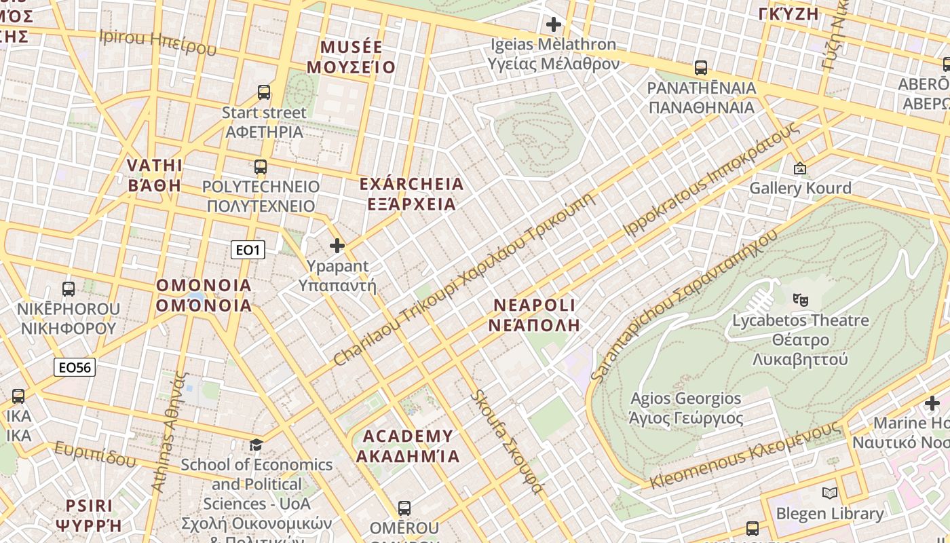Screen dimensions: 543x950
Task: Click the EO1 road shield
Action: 248,250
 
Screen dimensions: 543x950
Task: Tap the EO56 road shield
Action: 75,367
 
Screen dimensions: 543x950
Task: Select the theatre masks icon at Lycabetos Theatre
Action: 801,299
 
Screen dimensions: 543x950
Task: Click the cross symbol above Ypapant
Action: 337,245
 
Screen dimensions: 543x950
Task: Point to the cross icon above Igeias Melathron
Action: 554,25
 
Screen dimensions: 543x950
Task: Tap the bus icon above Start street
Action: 264,92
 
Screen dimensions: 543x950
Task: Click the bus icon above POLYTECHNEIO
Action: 261,167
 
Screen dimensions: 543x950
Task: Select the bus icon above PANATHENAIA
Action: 701,68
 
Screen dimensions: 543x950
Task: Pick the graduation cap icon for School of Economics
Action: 256,445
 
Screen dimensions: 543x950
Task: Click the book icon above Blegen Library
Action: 829,493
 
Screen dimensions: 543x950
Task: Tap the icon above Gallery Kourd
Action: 799,168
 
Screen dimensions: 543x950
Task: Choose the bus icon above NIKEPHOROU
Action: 69,289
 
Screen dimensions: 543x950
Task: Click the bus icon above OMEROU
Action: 404,508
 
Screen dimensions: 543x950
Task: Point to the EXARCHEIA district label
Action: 411,193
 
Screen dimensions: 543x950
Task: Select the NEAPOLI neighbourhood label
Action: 535,315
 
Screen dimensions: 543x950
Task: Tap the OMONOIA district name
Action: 204,295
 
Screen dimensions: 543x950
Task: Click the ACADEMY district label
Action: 408,446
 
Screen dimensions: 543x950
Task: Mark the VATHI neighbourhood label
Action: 155,175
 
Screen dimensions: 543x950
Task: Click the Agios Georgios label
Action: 686,408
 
